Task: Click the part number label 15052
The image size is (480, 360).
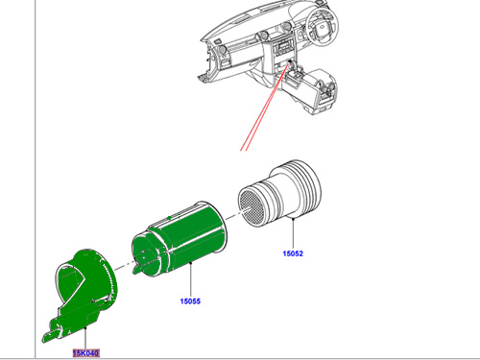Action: (x=293, y=253)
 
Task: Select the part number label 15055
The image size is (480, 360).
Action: (x=190, y=301)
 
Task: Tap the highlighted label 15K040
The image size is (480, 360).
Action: (x=86, y=353)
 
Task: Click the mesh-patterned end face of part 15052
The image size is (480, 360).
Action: (x=252, y=205)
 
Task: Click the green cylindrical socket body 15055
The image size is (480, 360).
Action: (x=180, y=239)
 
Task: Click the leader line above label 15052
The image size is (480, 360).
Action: (x=293, y=233)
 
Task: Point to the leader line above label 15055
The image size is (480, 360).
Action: (x=191, y=279)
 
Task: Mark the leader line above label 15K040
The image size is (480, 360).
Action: (x=85, y=338)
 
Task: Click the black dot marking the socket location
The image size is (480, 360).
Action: (x=290, y=61)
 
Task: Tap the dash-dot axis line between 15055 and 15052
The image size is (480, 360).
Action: (x=233, y=216)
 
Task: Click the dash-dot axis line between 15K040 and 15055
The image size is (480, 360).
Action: (x=124, y=266)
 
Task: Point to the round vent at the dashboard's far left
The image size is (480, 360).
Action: (x=221, y=51)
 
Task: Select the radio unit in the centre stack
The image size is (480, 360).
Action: (x=282, y=49)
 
